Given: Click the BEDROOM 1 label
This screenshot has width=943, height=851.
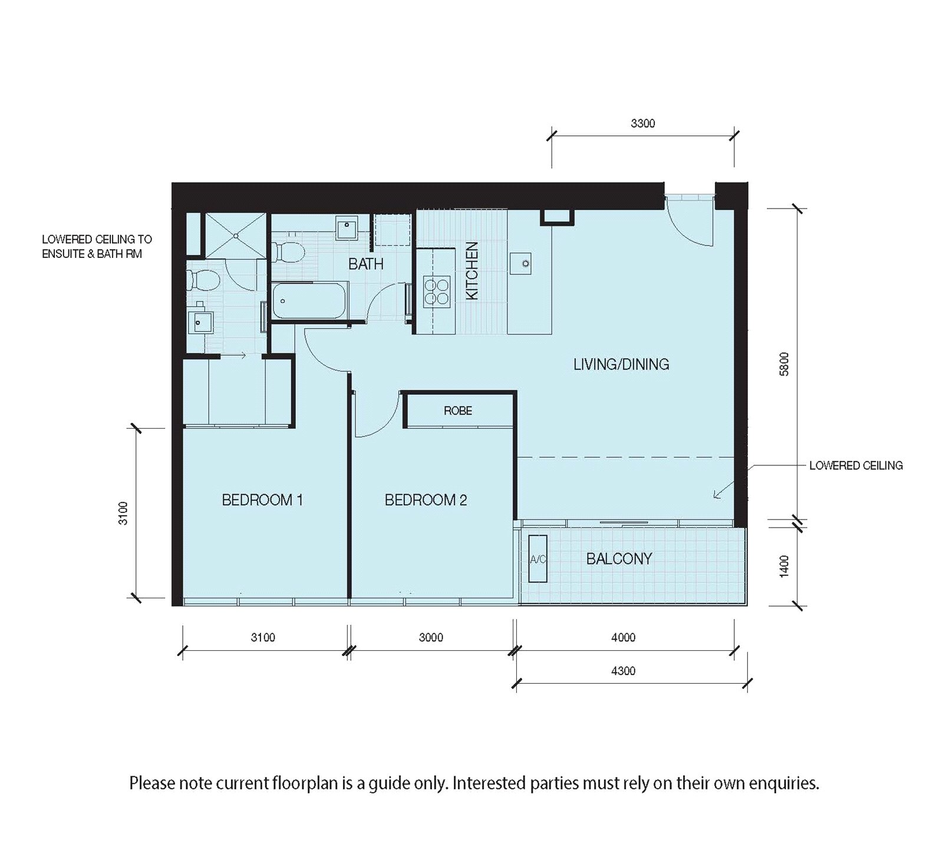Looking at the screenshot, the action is pyautogui.click(x=262, y=500).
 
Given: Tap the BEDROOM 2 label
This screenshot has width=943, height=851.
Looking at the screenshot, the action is pyautogui.click(x=426, y=500).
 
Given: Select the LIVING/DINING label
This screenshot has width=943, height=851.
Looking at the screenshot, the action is pyautogui.click(x=621, y=364).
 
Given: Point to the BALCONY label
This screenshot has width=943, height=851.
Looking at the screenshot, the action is pyautogui.click(x=619, y=558).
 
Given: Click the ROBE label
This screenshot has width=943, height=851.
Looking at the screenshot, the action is pyautogui.click(x=458, y=410).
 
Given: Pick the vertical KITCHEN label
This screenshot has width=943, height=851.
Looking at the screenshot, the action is pyautogui.click(x=472, y=271).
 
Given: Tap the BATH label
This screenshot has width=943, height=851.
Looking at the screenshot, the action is pyautogui.click(x=365, y=264).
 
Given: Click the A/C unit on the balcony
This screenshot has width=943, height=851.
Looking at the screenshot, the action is pyautogui.click(x=538, y=559).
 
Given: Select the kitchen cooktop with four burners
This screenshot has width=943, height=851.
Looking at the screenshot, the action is pyautogui.click(x=437, y=292).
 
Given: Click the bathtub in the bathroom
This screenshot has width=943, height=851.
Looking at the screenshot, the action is pyautogui.click(x=309, y=301).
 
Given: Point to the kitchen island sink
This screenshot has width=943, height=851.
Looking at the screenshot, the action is pyautogui.click(x=522, y=263).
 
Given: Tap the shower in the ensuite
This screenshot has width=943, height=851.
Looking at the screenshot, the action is pyautogui.click(x=235, y=235).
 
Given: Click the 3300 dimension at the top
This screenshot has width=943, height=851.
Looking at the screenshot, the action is pyautogui.click(x=642, y=124).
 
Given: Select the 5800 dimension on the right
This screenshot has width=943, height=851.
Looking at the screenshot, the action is pyautogui.click(x=784, y=364).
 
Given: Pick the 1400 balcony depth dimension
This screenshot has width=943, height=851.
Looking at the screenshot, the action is pyautogui.click(x=784, y=566).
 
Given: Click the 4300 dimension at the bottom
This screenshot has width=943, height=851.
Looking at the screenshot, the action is pyautogui.click(x=624, y=671).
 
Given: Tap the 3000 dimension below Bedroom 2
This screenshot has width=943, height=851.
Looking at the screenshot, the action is pyautogui.click(x=431, y=637).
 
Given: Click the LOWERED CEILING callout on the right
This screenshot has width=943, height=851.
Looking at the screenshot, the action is pyautogui.click(x=856, y=465).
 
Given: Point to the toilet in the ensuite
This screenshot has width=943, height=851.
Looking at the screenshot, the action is pyautogui.click(x=197, y=280).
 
